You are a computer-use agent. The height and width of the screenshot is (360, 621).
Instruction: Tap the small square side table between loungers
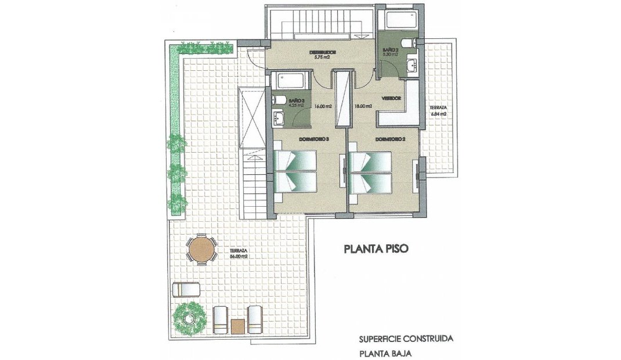[237, 326]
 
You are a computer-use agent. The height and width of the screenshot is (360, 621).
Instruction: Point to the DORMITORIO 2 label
[389, 139]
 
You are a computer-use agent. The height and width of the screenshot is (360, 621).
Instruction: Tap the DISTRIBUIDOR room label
[322, 52]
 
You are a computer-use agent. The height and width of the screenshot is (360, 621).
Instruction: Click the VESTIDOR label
[391, 99]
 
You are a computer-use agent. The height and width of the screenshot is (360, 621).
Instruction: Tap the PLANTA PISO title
[377, 249]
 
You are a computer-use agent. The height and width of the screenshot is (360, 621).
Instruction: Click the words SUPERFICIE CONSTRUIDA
[405, 338]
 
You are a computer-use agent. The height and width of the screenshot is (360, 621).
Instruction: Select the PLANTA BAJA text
[385, 352]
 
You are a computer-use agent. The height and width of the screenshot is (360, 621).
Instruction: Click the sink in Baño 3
[279, 118]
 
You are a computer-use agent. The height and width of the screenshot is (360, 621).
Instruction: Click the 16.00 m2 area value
[323, 106]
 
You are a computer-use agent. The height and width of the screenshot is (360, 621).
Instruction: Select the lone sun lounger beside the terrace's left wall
[187, 289]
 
